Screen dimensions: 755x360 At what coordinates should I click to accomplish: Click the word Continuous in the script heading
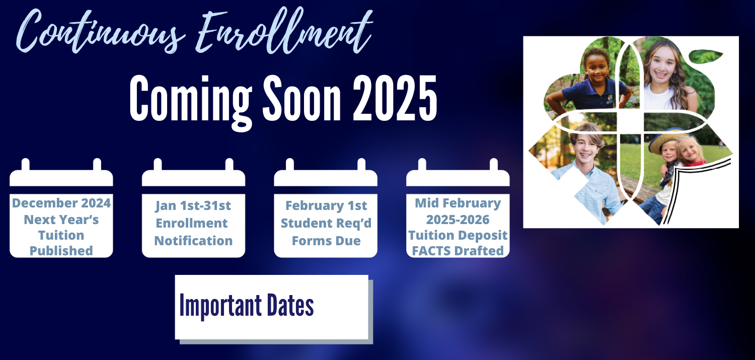(101, 32)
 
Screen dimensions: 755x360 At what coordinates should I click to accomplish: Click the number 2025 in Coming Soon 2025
(395, 98)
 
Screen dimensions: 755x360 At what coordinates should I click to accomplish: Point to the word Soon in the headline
(301, 98)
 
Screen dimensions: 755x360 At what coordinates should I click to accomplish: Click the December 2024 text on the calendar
(61, 203)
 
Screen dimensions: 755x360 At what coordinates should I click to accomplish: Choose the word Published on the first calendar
(61, 251)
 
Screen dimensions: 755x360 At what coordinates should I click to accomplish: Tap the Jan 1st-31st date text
(193, 205)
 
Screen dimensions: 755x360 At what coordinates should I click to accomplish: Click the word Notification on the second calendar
(193, 241)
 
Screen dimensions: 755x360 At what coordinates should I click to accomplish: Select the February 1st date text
(326, 205)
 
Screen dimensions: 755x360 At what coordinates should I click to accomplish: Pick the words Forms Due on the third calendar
(326, 241)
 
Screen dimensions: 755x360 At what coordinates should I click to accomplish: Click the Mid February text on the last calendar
(458, 203)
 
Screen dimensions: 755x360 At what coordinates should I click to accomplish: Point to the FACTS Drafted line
(458, 251)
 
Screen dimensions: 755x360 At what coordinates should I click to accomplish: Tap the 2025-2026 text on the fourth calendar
(458, 220)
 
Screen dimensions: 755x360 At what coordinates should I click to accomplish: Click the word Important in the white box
(220, 306)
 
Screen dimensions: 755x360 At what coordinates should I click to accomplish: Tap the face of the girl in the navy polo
(596, 69)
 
